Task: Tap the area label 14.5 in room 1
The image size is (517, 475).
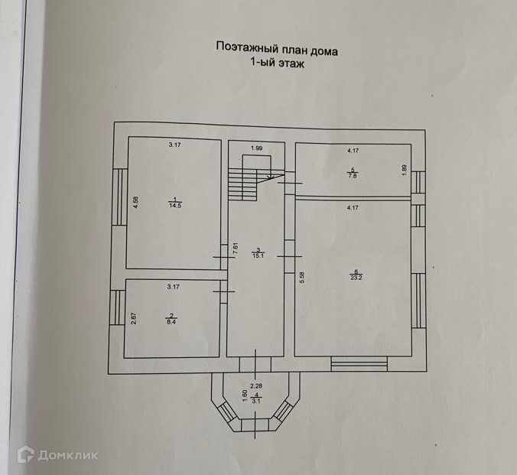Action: [x=174, y=205]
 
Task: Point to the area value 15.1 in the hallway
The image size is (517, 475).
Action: [x=259, y=255]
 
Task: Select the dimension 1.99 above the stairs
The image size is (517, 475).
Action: [x=257, y=148]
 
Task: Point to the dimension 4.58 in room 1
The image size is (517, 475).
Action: [x=135, y=203]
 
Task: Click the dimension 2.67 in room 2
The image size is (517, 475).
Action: [x=133, y=319]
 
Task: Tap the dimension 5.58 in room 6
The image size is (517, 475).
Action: [x=302, y=278]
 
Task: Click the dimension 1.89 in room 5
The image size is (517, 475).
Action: [x=405, y=170]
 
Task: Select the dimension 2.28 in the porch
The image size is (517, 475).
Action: [x=255, y=386]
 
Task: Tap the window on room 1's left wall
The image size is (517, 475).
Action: [x=120, y=197]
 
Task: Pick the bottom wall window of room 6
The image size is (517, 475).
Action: [x=359, y=365]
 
